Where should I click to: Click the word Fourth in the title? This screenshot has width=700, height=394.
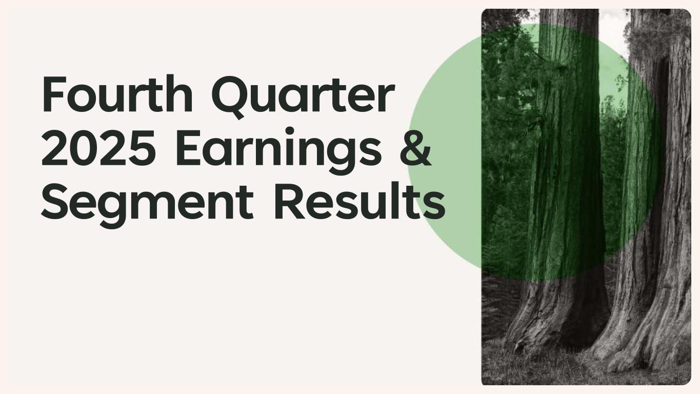(x=117, y=93)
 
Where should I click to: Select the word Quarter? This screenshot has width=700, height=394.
(x=303, y=97)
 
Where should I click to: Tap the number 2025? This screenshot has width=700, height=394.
(x=98, y=147)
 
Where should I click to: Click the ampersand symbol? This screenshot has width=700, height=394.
(x=416, y=147)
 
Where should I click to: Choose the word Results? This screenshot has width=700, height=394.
(x=359, y=201)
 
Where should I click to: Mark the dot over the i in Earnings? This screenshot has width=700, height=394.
(x=289, y=131)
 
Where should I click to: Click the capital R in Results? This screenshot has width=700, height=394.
(x=290, y=201)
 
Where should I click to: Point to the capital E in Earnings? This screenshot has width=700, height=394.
(x=189, y=147)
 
